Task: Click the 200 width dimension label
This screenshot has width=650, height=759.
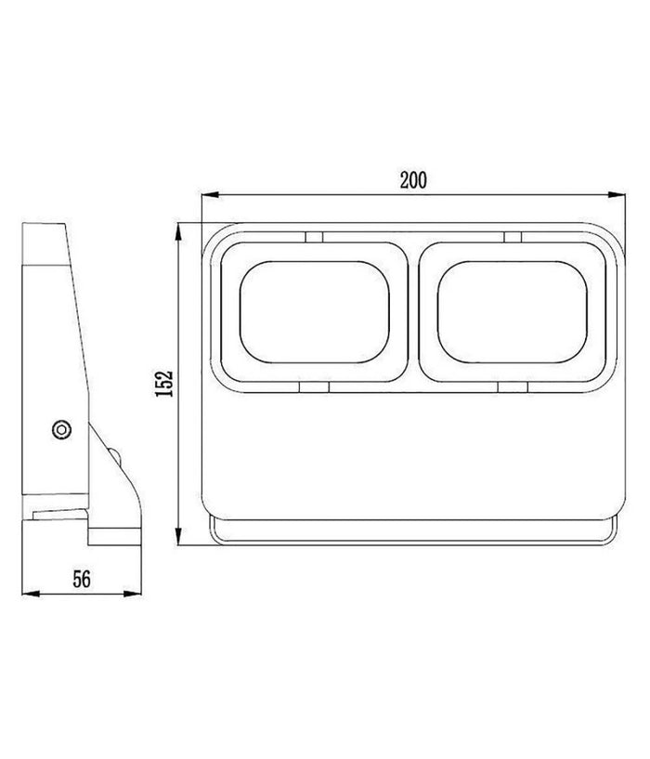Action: point(414,180)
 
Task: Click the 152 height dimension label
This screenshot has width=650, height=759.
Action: point(163,384)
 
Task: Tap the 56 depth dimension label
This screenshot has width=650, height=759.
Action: point(82,579)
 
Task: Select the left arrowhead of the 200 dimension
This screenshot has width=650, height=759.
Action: point(211,194)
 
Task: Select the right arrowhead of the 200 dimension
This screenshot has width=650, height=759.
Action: point(617,194)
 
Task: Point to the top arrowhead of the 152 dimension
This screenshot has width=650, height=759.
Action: point(178,232)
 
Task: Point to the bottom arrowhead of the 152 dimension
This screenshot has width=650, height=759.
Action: point(178,536)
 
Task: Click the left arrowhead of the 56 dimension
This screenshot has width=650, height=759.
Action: point(31,594)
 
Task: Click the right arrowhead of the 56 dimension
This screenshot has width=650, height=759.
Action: point(133,594)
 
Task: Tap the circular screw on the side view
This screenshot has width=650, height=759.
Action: point(61,429)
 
